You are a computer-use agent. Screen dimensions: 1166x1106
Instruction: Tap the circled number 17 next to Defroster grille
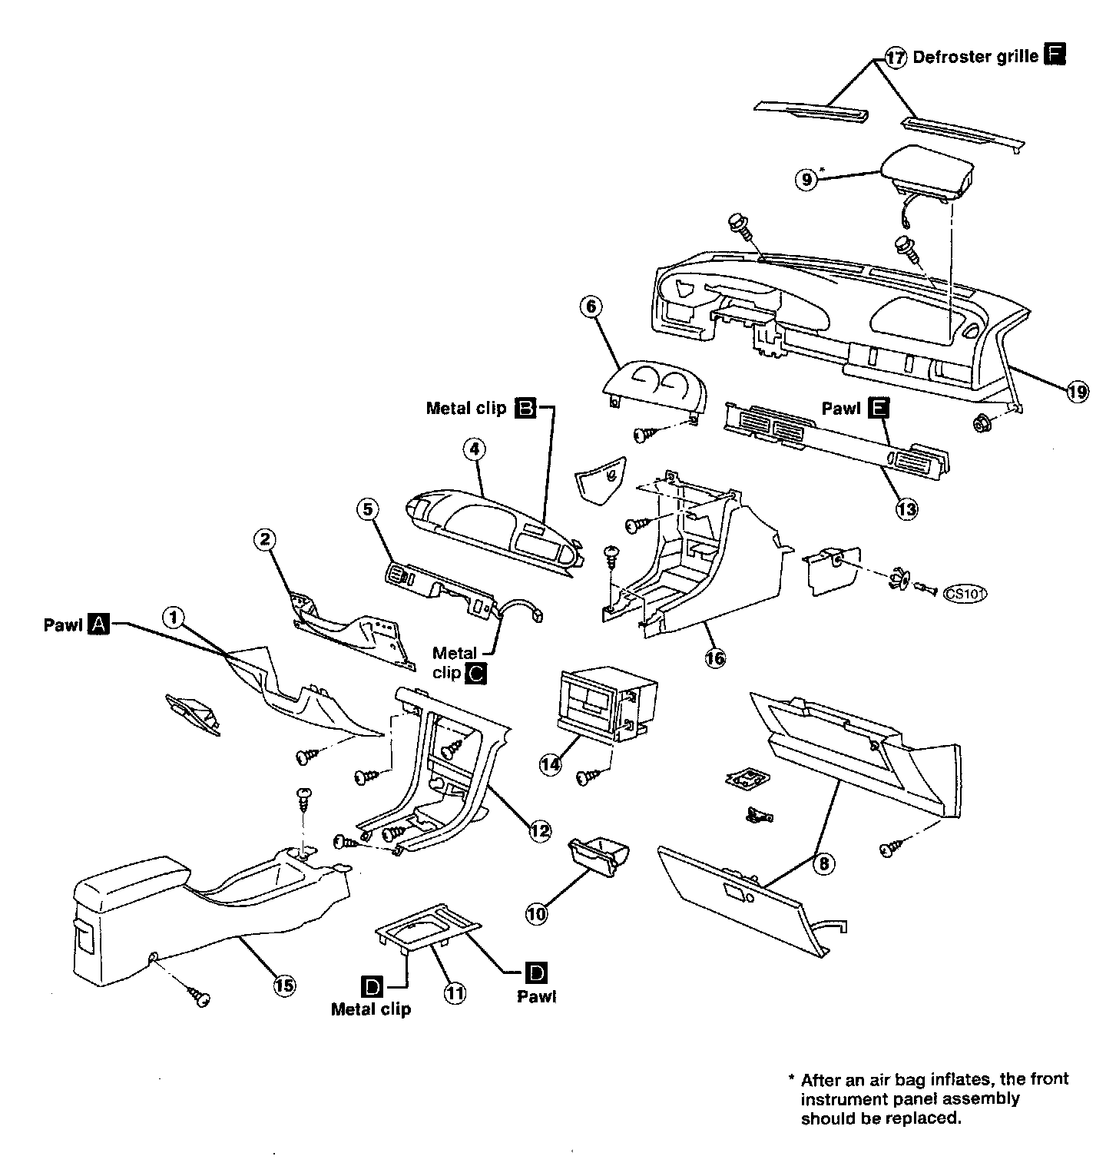[x=896, y=58]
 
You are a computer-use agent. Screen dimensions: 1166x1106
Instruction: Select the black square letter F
[x=1055, y=55]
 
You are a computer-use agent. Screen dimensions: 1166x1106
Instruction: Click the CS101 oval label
[x=965, y=593]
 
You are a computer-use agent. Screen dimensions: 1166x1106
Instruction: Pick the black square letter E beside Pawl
[x=877, y=409]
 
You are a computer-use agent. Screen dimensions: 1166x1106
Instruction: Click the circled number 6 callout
[x=591, y=307]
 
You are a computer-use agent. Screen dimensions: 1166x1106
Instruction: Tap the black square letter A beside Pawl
[x=99, y=624]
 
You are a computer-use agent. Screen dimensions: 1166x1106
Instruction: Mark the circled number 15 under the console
[x=284, y=985]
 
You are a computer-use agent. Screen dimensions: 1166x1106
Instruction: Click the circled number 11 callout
[x=455, y=993]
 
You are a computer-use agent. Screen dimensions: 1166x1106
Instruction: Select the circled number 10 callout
[x=537, y=913]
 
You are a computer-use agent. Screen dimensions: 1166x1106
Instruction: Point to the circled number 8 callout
[x=823, y=864]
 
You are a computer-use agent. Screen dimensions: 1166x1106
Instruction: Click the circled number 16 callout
[x=715, y=658]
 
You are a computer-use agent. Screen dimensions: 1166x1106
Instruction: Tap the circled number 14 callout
[x=551, y=764]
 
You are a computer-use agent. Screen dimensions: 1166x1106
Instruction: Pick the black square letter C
[x=476, y=674]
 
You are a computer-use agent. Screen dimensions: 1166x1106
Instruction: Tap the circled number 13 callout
[x=906, y=508]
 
